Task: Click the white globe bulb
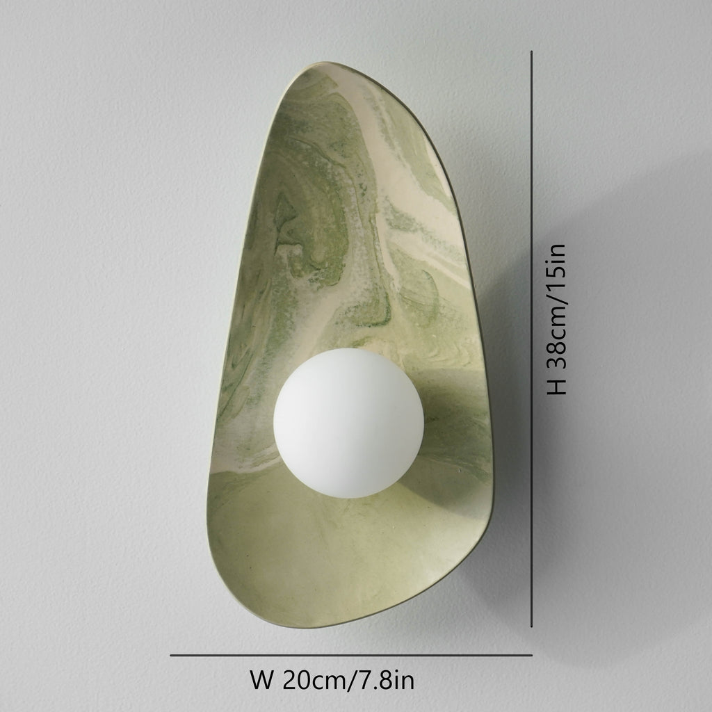click(348, 423)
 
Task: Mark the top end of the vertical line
click(532, 52)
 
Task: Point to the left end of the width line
click(172, 654)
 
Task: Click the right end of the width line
click(531, 654)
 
